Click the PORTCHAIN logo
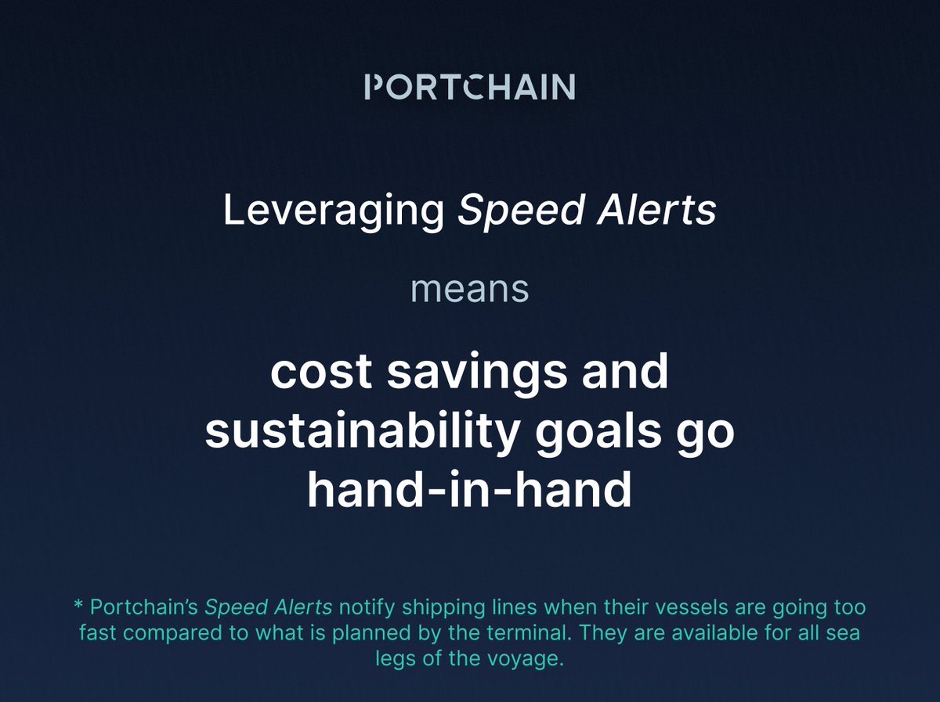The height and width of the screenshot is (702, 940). pos(470,87)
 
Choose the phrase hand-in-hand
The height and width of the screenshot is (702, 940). pos(469,491)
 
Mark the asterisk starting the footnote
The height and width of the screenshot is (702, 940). pos(78,607)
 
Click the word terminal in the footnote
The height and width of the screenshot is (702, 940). pos(568,633)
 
